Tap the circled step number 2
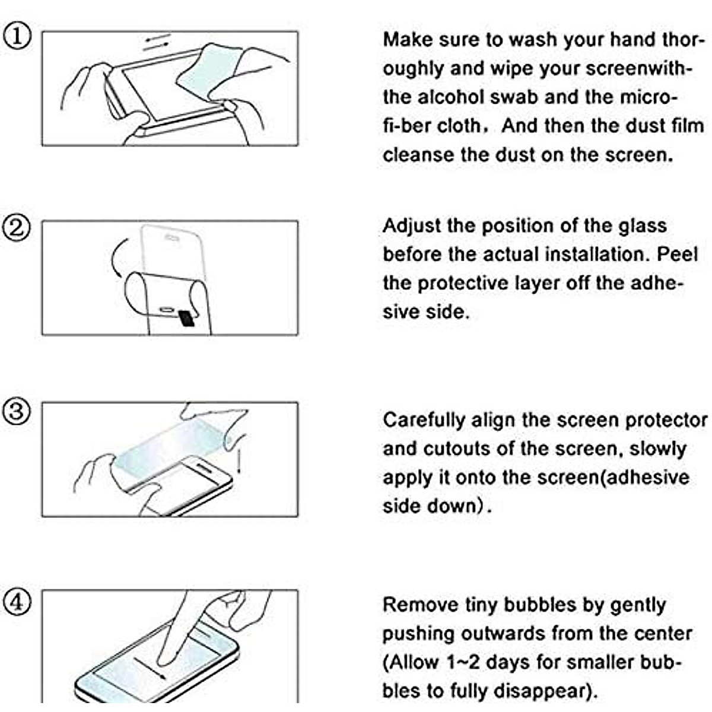tap(17, 228)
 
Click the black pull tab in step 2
tap(186, 318)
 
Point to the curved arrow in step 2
tap(116, 258)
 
